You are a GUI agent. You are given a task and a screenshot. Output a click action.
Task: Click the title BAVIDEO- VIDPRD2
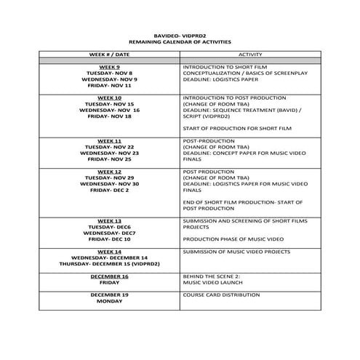(x=180, y=34)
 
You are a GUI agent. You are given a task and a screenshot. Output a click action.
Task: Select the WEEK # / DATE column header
(x=109, y=54)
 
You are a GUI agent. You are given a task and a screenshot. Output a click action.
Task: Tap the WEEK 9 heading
(x=109, y=67)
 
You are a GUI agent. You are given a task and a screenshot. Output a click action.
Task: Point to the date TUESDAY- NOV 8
(x=109, y=73)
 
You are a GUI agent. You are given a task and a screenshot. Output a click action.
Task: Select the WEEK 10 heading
(x=109, y=97)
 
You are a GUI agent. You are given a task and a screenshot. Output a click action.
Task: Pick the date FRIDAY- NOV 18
(x=109, y=116)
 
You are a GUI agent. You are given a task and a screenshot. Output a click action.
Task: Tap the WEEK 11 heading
(x=109, y=140)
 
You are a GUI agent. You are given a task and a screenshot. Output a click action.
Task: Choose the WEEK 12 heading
(x=109, y=171)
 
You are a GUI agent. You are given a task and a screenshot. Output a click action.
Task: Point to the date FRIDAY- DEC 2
(x=109, y=190)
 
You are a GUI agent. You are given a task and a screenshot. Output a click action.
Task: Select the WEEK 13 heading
(x=109, y=220)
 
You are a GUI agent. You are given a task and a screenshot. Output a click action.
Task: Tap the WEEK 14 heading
(x=109, y=251)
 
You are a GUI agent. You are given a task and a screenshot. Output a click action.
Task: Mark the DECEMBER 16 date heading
(x=109, y=276)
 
